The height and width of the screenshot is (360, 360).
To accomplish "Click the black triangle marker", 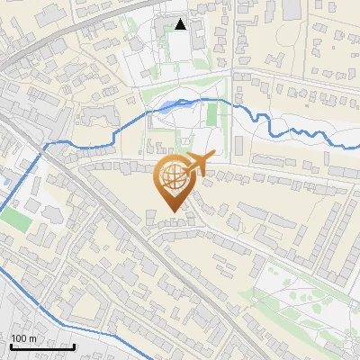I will point(181,24).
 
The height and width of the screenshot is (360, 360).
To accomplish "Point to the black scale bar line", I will point(42,346).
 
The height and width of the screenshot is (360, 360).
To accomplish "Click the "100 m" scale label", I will point(23,338).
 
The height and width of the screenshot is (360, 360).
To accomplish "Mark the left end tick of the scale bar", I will point(11,345).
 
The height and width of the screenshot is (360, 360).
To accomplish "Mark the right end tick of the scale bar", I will point(74,345).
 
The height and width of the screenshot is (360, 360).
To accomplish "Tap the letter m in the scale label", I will point(33,338).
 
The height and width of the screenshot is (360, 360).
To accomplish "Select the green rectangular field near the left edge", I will point(13,219).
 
